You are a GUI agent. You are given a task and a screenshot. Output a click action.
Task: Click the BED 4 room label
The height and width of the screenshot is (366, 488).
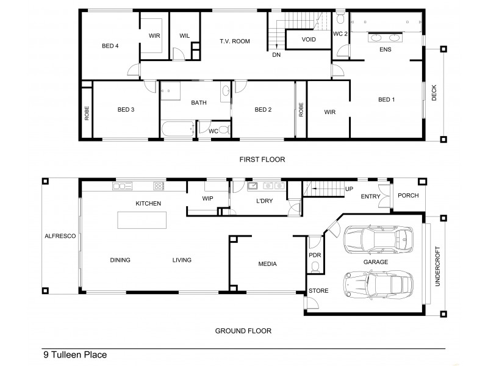110,45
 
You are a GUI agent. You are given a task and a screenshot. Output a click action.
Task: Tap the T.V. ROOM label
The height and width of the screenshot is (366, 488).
235,41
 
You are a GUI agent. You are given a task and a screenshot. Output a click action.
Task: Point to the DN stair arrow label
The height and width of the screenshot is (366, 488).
276,55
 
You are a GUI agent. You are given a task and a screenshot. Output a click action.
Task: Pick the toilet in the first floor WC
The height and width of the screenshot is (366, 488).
223,129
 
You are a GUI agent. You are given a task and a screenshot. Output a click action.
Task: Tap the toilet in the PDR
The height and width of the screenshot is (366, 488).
315,267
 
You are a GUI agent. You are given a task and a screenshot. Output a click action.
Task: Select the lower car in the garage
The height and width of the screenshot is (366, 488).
377,284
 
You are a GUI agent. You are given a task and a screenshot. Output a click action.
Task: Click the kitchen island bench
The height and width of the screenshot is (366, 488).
139,220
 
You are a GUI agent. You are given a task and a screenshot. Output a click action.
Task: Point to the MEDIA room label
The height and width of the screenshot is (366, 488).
267,264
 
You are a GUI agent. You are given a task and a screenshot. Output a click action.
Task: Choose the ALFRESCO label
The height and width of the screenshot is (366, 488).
60,235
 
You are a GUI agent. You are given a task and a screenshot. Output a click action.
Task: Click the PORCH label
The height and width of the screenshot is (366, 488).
407,196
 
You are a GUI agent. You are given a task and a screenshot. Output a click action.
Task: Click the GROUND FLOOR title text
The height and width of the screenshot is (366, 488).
243,331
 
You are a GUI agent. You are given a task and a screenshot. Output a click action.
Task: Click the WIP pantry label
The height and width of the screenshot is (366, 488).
207,199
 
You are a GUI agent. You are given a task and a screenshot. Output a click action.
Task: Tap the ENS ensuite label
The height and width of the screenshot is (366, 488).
385,50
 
